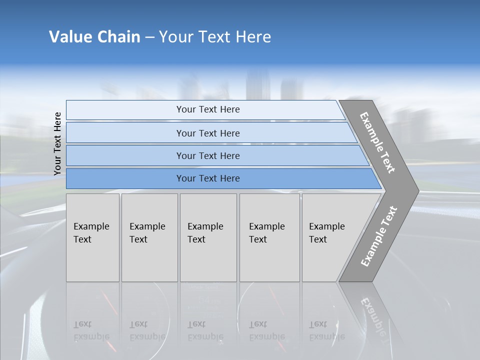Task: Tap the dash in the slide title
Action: pyautogui.click(x=149, y=37)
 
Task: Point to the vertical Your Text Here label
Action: pyautogui.click(x=57, y=143)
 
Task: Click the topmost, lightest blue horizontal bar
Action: pyautogui.click(x=207, y=109)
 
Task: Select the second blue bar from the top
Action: pyautogui.click(x=207, y=133)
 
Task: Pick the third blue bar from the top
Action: pyautogui.click(x=207, y=155)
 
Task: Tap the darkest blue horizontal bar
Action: pyautogui.click(x=207, y=178)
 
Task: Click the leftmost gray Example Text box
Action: pyautogui.click(x=92, y=237)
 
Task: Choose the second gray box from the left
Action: pyautogui.click(x=149, y=237)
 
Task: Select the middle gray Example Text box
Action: pyautogui.click(x=208, y=237)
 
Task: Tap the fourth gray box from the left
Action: pyautogui.click(x=269, y=237)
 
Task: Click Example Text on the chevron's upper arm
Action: pyautogui.click(x=377, y=142)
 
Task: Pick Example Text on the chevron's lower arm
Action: pyautogui.click(x=378, y=236)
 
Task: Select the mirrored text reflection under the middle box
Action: pyautogui.click(x=205, y=331)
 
